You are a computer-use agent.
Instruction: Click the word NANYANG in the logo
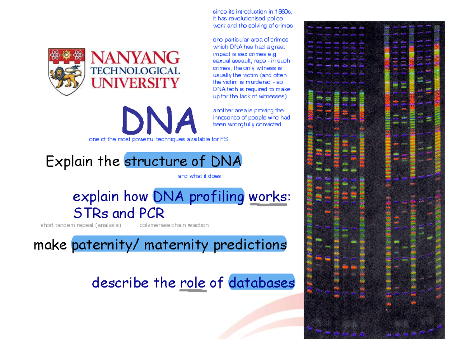(x=135, y=59)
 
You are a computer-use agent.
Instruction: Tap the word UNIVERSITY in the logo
(x=135, y=82)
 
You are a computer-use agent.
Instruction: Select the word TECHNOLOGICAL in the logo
(x=135, y=71)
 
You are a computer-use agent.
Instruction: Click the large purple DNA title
(x=159, y=120)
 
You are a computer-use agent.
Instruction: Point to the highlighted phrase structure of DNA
(x=183, y=161)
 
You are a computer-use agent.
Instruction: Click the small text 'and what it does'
(x=199, y=176)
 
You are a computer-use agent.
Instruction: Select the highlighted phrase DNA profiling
(x=199, y=197)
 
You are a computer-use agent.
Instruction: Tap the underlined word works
(x=268, y=197)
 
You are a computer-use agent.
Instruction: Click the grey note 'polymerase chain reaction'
(x=174, y=225)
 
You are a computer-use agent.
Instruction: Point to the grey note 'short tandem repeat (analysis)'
(x=81, y=225)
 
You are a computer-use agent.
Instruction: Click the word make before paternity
(x=51, y=245)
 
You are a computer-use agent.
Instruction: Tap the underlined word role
(x=193, y=283)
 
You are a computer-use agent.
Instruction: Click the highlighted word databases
(x=262, y=283)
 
